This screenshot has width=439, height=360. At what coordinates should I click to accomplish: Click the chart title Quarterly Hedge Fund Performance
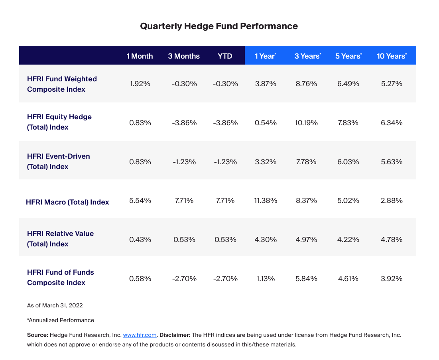[x=219, y=26]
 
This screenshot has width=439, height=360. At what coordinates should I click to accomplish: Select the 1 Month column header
[x=140, y=56]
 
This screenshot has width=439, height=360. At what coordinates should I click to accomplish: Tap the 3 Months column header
[x=184, y=56]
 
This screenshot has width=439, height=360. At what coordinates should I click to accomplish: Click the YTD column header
[x=225, y=56]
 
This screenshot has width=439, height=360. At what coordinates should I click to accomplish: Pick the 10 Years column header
[x=391, y=56]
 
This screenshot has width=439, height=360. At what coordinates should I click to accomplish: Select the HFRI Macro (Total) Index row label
[x=67, y=202]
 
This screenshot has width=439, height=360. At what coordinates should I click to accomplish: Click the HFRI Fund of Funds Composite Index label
[x=61, y=277]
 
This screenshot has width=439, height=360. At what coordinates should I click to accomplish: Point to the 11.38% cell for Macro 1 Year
[x=266, y=201]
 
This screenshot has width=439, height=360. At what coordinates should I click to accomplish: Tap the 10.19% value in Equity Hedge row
[x=306, y=123]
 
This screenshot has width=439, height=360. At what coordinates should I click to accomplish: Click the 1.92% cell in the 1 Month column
[x=140, y=84]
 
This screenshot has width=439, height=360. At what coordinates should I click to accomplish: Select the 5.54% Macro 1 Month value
[x=140, y=201]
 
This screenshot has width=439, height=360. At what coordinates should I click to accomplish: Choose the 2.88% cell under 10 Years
[x=392, y=201]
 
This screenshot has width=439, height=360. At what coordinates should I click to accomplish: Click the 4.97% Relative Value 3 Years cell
[x=306, y=240]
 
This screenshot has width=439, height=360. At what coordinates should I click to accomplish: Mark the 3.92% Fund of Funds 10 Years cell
[x=392, y=279]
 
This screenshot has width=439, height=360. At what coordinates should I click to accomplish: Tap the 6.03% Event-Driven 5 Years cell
[x=348, y=162]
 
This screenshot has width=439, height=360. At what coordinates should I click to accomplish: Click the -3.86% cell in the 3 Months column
[x=184, y=123]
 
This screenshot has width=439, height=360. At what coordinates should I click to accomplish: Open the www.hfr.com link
[x=140, y=335]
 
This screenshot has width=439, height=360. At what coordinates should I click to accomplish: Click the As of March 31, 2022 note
[x=55, y=305]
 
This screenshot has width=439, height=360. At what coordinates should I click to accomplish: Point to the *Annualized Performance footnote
[x=60, y=320]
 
